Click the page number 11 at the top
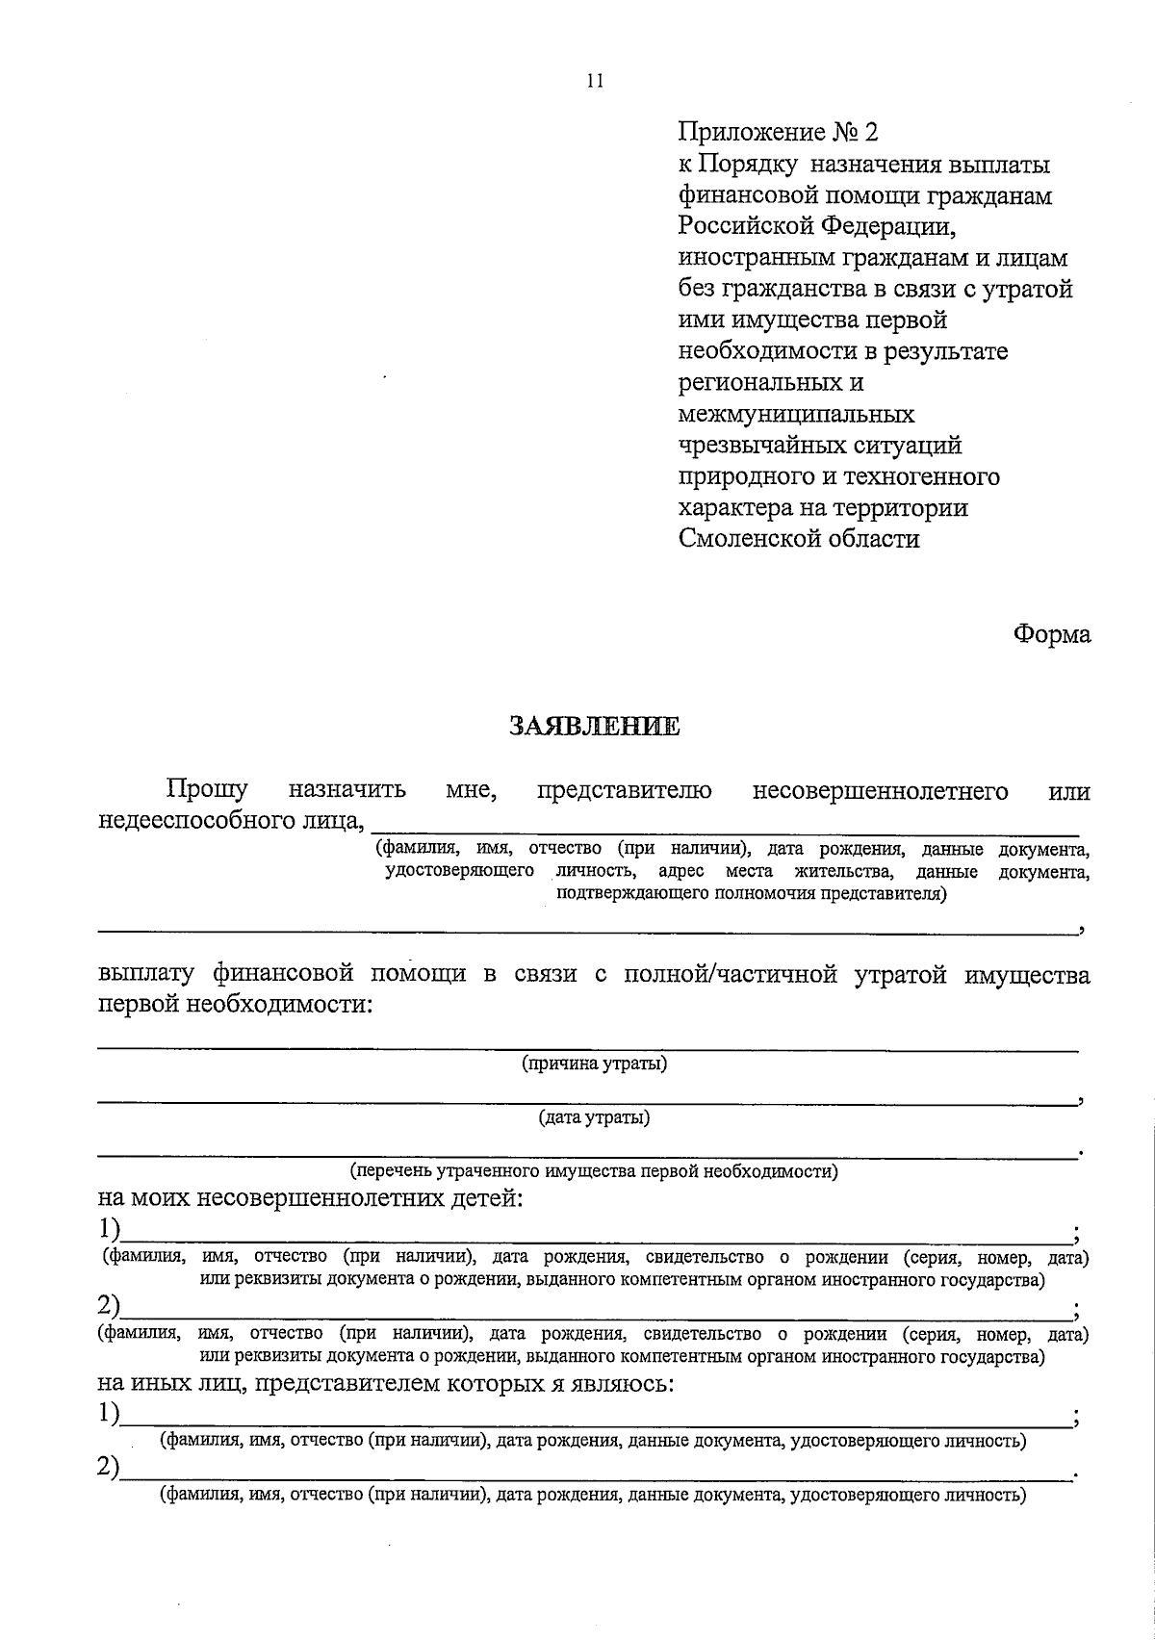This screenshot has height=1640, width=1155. [x=593, y=82]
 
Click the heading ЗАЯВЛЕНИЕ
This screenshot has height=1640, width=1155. [x=593, y=727]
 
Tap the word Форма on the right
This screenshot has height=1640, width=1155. [x=1051, y=635]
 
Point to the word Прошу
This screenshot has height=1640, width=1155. [x=207, y=791]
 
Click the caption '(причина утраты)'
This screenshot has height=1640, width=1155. [x=594, y=1063]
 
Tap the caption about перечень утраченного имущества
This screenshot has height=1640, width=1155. [x=594, y=1171]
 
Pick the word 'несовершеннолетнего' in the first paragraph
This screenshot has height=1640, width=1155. [x=880, y=791]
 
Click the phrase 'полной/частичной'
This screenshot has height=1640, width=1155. [x=728, y=975]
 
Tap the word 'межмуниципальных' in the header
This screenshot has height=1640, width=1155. [x=796, y=415]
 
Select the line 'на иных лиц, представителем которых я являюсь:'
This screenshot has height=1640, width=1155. [x=385, y=1385]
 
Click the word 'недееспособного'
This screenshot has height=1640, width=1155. [x=192, y=821]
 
